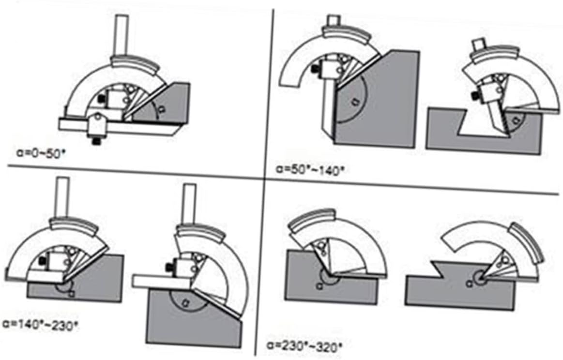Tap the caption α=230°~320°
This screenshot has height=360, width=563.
[304, 345]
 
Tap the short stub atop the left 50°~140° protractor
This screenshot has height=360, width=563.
[333, 21]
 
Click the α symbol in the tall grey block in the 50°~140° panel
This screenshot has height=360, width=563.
[355, 101]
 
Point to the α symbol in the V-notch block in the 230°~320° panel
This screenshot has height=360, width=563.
[469, 284]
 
